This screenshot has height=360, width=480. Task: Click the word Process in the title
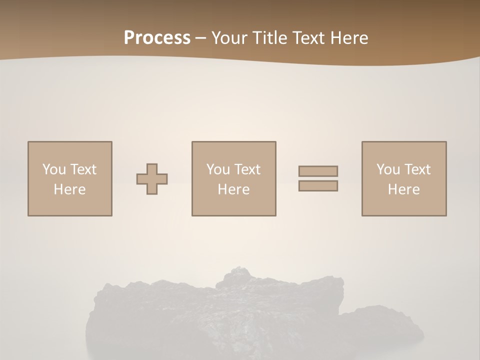click(157, 38)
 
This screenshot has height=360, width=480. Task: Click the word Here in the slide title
click(350, 38)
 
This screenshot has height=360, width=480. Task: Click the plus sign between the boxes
click(152, 179)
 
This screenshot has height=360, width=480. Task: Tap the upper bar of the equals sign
click(318, 171)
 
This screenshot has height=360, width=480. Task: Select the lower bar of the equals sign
click(318, 185)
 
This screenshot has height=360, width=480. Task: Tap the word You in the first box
click(54, 169)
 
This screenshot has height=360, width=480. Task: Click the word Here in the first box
click(70, 189)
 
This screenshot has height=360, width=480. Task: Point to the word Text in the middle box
click(247, 169)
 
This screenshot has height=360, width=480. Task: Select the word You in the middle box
click(218, 169)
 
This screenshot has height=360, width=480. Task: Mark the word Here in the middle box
click(234, 189)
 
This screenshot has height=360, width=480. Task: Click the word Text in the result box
click(417, 169)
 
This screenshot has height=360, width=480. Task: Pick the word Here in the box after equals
click(404, 189)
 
